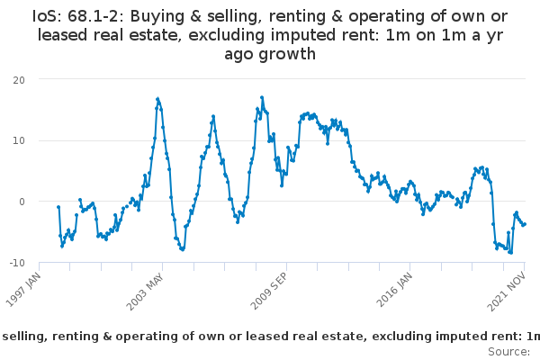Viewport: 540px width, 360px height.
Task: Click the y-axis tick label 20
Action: [19, 80]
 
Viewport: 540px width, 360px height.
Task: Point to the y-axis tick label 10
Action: [19, 140]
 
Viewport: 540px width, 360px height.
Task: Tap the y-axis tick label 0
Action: [22, 202]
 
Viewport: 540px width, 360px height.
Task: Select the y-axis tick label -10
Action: [17, 263]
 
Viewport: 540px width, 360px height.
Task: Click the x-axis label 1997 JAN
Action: [23, 290]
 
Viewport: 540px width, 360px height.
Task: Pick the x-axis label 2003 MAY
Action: [145, 292]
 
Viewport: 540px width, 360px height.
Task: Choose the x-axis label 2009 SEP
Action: [268, 292]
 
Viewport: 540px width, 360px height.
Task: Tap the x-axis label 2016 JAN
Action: [394, 290]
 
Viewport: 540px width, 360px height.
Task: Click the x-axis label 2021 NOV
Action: [507, 292]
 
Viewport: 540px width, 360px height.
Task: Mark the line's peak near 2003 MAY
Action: [157, 99]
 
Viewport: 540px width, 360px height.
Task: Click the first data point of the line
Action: [58, 207]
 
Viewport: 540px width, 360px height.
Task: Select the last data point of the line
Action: [525, 224]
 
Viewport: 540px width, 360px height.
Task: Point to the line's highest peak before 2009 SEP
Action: [262, 97]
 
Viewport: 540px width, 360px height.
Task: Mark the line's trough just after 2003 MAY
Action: [183, 249]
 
